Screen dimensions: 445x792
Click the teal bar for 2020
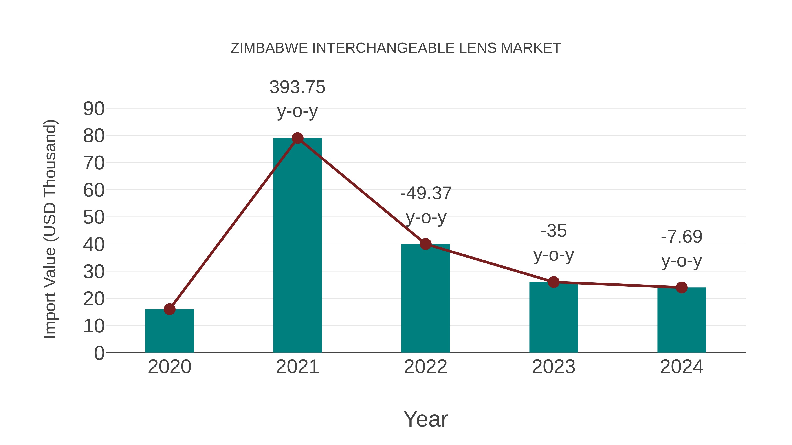point(169,332)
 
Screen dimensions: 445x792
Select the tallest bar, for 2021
point(297,246)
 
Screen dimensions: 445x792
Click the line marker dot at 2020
point(169,309)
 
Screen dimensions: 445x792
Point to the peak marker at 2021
point(297,138)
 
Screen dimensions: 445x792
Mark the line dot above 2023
point(554,282)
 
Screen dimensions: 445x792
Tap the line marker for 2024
point(682,287)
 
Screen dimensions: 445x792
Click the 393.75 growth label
point(297,87)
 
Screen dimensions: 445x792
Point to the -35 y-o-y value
point(554,231)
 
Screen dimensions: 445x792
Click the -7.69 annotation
point(682,237)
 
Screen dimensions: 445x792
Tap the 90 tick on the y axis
point(94,109)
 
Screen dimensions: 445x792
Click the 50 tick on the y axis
point(94,217)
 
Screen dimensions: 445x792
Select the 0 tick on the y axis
point(99,353)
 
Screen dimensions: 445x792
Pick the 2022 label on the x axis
point(425,367)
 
